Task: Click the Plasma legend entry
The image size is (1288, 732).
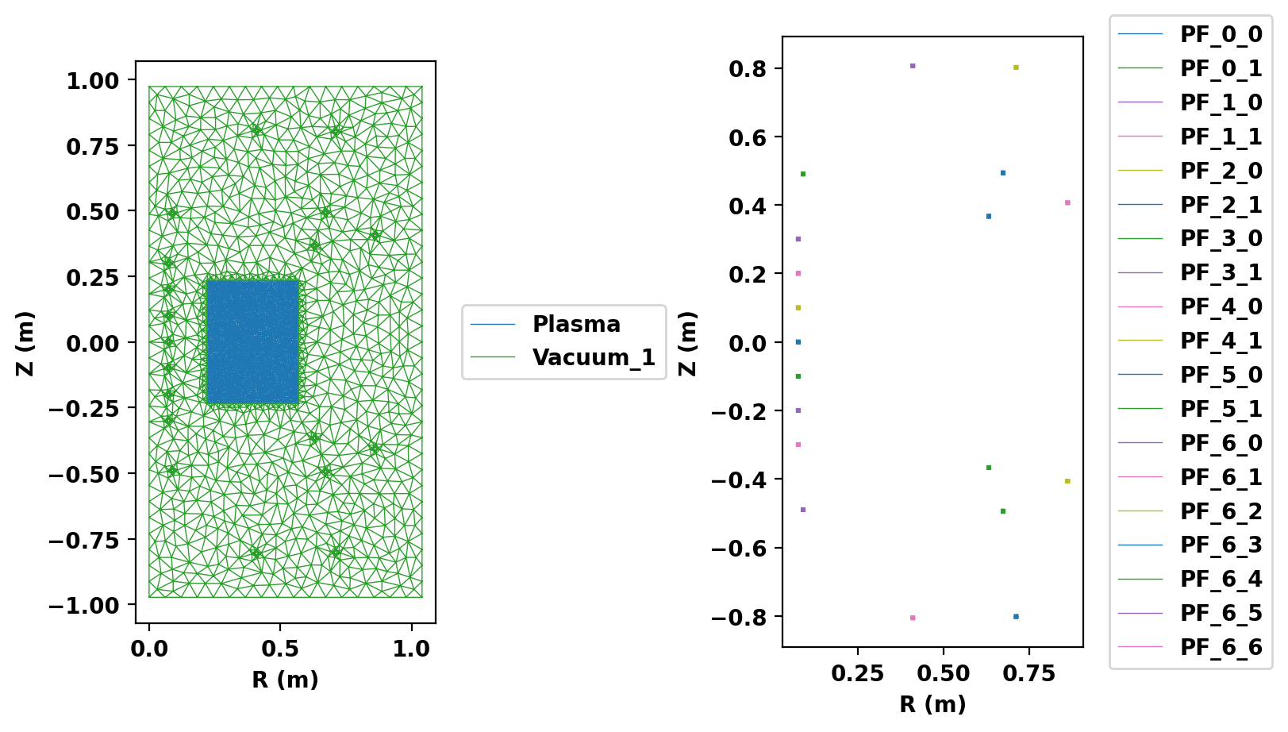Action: [576, 324]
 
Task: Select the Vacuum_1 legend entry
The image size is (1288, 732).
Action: [594, 357]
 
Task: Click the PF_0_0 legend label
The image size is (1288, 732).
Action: [1221, 34]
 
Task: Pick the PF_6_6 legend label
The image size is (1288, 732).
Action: [1221, 647]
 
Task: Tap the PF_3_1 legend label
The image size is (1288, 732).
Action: [1221, 272]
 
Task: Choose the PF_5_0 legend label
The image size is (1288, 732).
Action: [1221, 375]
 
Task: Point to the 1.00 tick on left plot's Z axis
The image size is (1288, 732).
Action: [92, 80]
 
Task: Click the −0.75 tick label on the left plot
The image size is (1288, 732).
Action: [83, 540]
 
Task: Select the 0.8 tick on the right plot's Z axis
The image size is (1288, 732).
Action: [748, 68]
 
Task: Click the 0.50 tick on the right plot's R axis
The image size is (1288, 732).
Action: [943, 674]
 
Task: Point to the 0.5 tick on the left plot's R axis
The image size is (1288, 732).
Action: [280, 649]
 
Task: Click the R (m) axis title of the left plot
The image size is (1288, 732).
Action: [285, 680]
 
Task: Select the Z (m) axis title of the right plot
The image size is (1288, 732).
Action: [687, 343]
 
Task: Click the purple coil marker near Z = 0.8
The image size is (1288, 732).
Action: [913, 66]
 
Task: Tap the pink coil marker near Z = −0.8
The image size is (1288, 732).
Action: [913, 618]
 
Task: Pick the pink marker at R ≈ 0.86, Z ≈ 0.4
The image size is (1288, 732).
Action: [1067, 202]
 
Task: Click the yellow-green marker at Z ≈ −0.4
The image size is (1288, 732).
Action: [1067, 481]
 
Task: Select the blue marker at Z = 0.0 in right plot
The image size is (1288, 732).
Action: [798, 342]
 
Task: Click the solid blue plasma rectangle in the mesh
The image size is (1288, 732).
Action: [252, 341]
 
